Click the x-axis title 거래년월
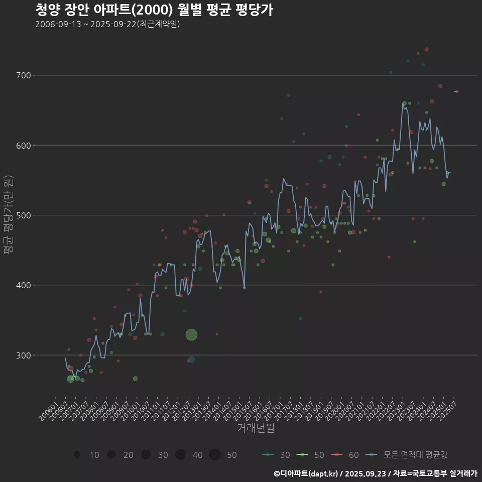tap(256, 428)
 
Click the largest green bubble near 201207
tap(191, 335)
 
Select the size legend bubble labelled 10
tap(77, 454)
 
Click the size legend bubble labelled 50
tap(215, 454)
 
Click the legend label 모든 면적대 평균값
tap(415, 455)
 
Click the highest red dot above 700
tap(426, 49)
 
